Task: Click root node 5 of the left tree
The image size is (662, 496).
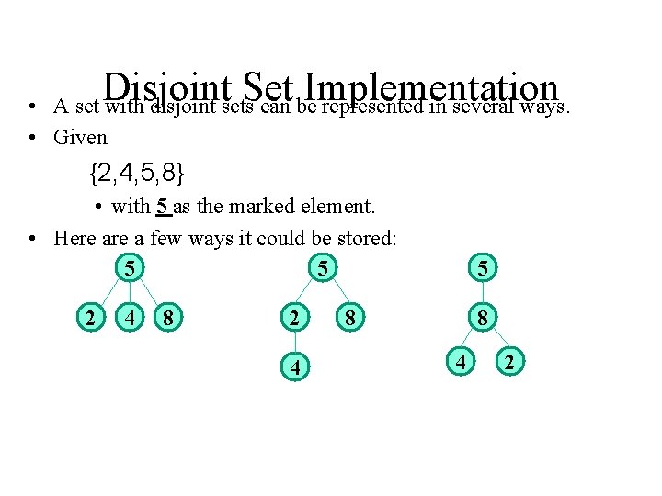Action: point(132,269)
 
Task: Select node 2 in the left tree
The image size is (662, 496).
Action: point(88,319)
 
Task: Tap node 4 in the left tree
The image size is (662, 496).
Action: point(132,319)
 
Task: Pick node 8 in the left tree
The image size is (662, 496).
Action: point(167,319)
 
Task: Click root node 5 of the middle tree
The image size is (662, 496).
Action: point(323,269)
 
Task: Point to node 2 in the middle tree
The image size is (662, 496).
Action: point(292,320)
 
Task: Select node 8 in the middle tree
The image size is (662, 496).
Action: point(349,319)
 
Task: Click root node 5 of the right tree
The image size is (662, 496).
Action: point(482,269)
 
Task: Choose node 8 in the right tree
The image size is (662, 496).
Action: point(482,319)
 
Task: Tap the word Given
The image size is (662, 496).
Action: point(81,138)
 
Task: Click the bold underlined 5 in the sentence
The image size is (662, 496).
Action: point(162,207)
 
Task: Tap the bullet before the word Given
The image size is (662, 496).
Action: point(32,138)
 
